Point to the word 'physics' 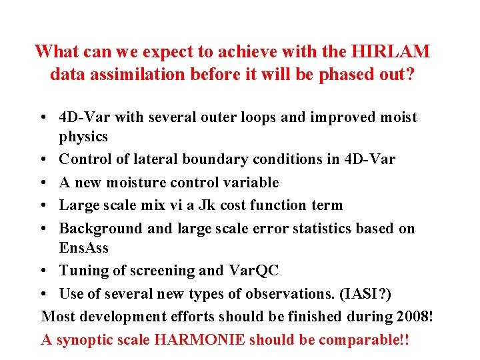(x=83, y=137)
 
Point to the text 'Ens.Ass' (x=83, y=247)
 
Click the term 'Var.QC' (x=253, y=270)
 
